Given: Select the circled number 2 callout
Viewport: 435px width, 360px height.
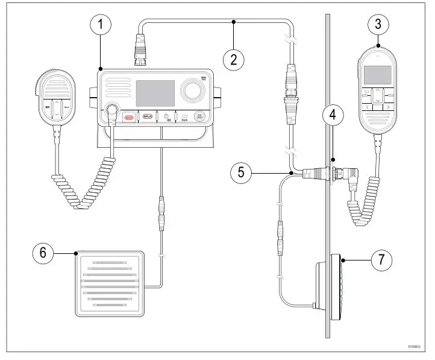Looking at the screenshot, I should point(234,59).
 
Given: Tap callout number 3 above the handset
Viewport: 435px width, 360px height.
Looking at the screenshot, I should point(378,25).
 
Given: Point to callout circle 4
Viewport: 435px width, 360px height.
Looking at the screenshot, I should point(333,113).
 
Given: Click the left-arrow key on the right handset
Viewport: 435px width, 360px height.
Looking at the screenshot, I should point(363,107).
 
